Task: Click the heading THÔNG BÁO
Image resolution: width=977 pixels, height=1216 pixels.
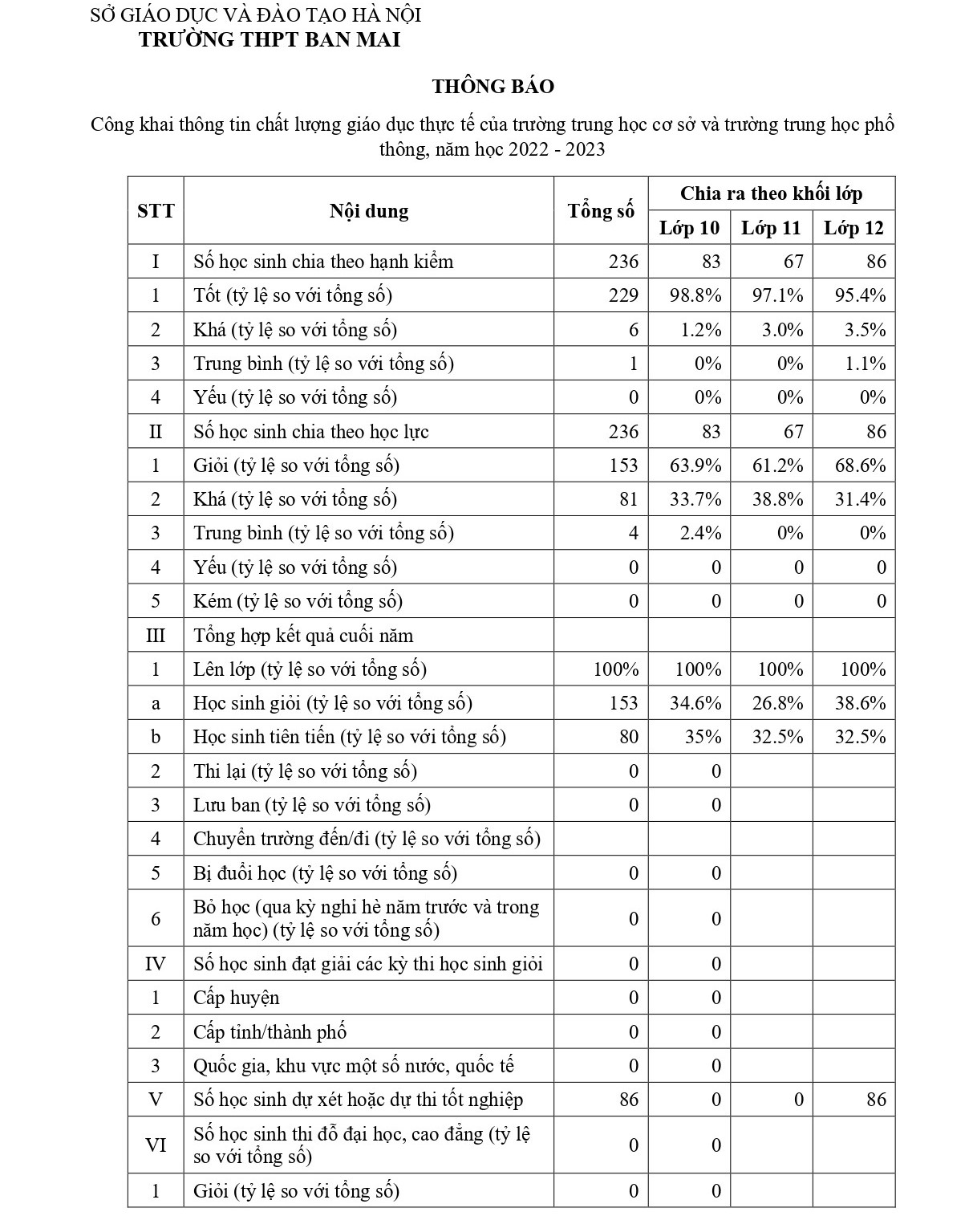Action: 493,87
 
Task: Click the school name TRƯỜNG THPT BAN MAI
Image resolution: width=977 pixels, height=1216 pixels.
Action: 270,40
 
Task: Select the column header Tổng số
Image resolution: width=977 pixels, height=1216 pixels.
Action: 601,211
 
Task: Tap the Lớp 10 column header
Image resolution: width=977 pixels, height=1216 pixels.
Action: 689,228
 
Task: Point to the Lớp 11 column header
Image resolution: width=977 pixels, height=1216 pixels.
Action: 771,228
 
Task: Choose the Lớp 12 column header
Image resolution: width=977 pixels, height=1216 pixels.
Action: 853,228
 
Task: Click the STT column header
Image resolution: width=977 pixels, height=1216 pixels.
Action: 156,211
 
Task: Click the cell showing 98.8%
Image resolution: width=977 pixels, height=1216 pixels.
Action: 695,295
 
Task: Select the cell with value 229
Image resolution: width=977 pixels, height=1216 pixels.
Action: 622,295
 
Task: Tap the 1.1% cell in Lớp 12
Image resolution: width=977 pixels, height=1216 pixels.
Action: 866,364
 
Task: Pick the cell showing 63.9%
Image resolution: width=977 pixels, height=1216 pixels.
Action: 695,466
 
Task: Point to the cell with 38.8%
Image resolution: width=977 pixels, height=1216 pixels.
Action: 777,499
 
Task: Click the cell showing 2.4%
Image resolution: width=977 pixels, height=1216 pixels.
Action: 700,533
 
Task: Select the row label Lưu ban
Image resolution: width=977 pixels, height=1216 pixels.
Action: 312,805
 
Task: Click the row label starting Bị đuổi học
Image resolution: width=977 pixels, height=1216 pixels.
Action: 325,873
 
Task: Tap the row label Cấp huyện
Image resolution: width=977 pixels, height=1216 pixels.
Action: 237,998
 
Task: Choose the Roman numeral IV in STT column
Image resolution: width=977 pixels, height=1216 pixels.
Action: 156,964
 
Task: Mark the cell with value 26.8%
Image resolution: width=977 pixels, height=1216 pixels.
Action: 777,703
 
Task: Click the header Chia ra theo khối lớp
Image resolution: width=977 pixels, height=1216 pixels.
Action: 771,193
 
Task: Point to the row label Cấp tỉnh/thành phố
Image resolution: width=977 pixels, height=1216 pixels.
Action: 270,1032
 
